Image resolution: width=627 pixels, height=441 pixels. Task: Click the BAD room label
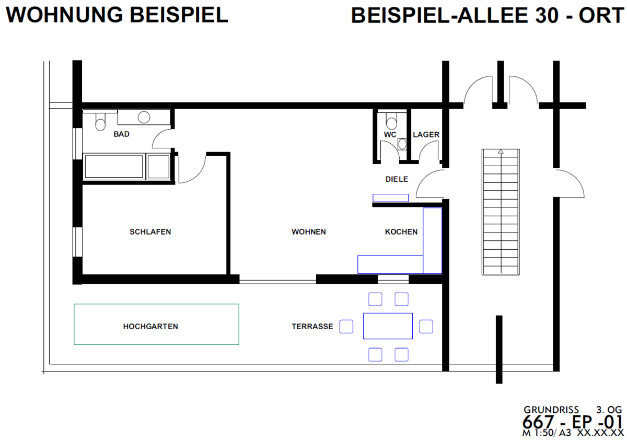tap(121, 134)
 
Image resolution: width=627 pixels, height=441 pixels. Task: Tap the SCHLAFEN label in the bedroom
tap(150, 232)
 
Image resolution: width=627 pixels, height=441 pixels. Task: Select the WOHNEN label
tap(309, 232)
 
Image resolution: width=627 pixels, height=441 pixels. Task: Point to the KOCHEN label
tap(401, 232)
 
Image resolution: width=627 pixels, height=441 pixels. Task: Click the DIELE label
tap(397, 179)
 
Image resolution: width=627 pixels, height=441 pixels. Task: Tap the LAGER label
tap(426, 135)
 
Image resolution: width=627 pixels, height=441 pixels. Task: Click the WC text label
tap(390, 135)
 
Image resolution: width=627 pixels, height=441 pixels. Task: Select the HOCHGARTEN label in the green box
tap(150, 327)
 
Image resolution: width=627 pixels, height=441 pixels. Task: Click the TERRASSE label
tap(312, 327)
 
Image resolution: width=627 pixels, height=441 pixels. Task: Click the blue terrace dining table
tap(388, 326)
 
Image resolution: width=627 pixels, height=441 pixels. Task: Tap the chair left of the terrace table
tap(346, 327)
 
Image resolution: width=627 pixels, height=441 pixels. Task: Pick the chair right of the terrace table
tap(426, 327)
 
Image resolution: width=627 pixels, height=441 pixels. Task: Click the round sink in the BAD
tap(144, 118)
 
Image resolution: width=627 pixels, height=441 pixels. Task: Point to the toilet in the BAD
tap(100, 122)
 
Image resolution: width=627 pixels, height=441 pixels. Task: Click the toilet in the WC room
tap(391, 121)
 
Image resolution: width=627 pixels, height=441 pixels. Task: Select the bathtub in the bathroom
tap(114, 166)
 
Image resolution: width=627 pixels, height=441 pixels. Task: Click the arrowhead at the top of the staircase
tap(501, 152)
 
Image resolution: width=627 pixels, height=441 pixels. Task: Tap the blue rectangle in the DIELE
tap(390, 198)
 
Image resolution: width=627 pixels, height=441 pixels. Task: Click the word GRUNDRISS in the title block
tap(551, 410)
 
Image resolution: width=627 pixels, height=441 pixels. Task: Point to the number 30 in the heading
tap(547, 15)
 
